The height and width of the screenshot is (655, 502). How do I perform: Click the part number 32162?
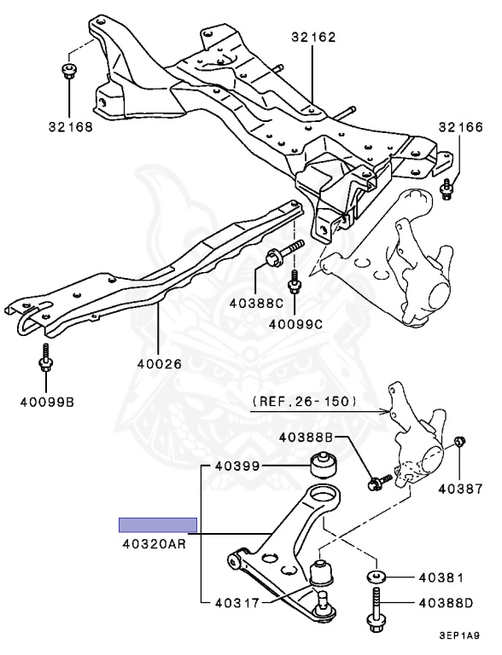click(x=314, y=38)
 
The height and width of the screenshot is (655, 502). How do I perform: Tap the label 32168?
click(x=71, y=127)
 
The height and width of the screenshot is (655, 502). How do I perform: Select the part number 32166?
click(x=460, y=127)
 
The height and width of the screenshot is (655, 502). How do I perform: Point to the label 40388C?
click(x=256, y=303)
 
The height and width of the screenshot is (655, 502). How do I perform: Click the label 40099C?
click(x=295, y=324)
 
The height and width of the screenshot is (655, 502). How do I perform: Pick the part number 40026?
click(x=160, y=364)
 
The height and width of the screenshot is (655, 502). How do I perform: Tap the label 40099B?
click(x=47, y=403)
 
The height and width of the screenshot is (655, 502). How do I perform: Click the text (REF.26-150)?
click(x=305, y=402)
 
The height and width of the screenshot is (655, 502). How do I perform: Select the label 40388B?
click(x=306, y=438)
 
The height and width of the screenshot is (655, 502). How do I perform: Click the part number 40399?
click(x=237, y=466)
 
